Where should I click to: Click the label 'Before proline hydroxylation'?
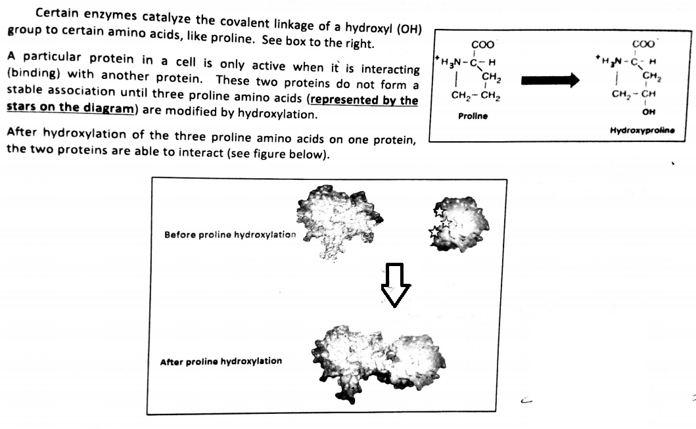pos(230,235)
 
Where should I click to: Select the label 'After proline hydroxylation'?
pos(221,361)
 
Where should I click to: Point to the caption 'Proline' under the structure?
pos(473,116)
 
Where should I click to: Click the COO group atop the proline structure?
pos(483,45)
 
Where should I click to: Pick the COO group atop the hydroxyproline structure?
pos(643,45)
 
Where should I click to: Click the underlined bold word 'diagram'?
pos(108,108)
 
